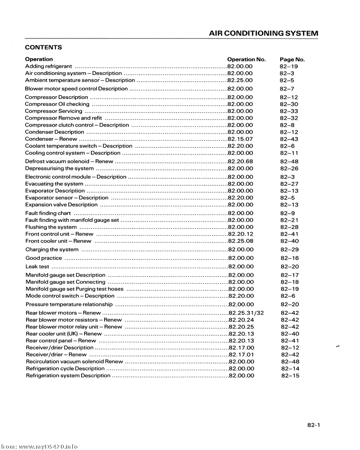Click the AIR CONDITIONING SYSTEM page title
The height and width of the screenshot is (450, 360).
(x=263, y=34)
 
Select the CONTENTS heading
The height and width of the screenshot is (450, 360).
(x=43, y=48)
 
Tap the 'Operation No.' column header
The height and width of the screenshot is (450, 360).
(x=246, y=59)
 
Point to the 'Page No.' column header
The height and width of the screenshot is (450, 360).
(x=292, y=59)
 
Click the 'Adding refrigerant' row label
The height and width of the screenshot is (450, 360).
(x=49, y=66)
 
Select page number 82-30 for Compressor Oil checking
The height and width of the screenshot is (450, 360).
(x=289, y=104)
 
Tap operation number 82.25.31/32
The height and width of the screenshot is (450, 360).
(x=246, y=313)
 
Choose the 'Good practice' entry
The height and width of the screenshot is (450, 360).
(x=44, y=258)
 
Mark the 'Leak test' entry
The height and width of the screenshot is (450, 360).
(x=37, y=266)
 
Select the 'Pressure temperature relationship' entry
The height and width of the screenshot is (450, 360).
(x=69, y=304)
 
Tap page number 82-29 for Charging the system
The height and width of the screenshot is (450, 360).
(x=289, y=250)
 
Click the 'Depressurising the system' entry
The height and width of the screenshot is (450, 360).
(x=60, y=169)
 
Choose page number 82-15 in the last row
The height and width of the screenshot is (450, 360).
(x=290, y=376)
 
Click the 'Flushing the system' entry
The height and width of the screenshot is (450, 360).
(x=51, y=227)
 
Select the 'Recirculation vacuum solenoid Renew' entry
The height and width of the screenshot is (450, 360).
(x=75, y=362)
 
